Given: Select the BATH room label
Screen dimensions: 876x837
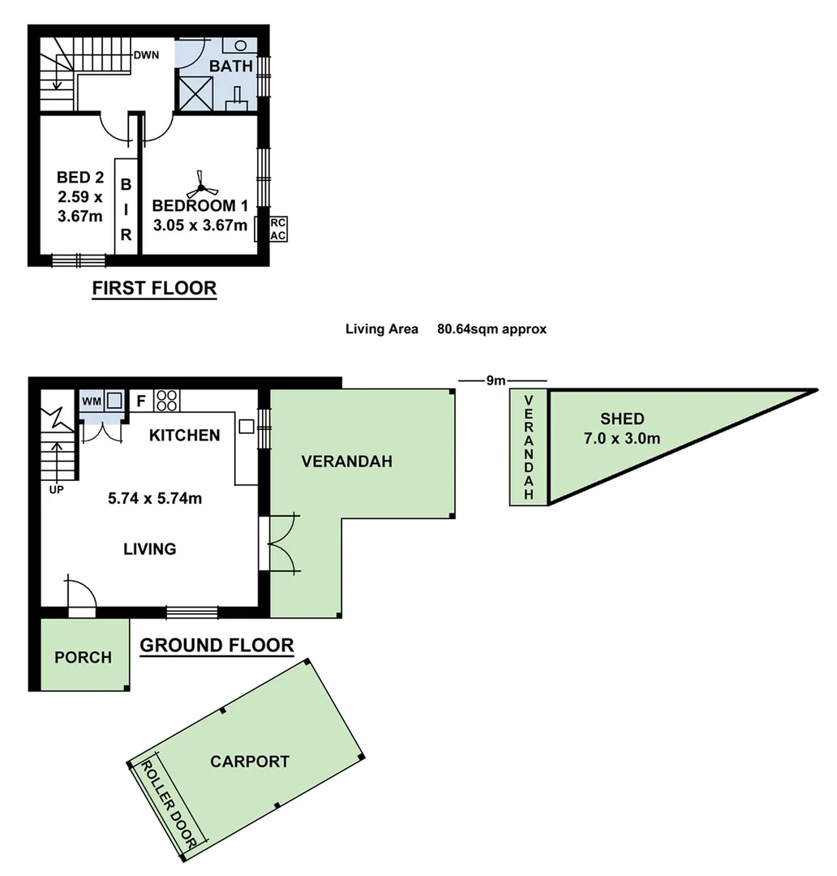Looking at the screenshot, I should [231, 67].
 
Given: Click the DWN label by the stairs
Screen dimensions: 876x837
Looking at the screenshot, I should [146, 55].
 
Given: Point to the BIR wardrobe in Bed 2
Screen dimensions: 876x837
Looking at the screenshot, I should [126, 209].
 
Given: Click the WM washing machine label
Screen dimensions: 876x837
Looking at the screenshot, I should [91, 400].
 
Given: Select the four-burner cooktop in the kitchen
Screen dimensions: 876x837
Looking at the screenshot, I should [167, 400].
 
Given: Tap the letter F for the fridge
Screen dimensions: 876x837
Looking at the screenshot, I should [140, 401].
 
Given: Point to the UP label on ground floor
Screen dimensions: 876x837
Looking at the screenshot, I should [56, 489].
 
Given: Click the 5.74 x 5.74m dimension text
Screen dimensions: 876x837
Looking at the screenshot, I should [155, 498].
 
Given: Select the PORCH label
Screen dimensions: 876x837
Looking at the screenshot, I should [83, 657].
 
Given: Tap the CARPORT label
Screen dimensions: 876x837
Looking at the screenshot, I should [249, 762].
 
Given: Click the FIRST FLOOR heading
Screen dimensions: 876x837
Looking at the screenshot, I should [154, 288].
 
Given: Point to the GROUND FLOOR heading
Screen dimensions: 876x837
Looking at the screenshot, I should [217, 646].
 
